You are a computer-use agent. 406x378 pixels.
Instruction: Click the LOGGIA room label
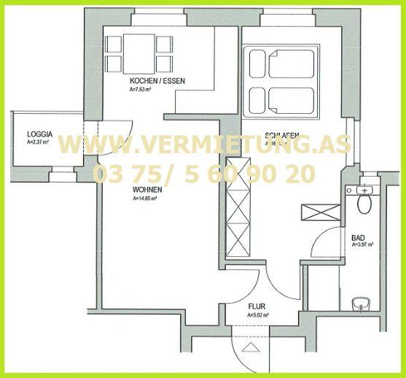(x=39, y=134)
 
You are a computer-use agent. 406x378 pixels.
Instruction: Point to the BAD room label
(x=357, y=238)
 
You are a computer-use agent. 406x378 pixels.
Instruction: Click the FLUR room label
(x=255, y=307)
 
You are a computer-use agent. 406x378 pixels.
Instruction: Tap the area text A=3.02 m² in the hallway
(x=258, y=315)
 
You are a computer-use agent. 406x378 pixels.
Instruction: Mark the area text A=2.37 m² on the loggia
(x=38, y=142)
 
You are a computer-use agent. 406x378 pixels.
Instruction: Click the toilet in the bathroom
(x=364, y=201)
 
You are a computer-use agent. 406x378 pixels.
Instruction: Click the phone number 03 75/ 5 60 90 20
(x=204, y=174)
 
